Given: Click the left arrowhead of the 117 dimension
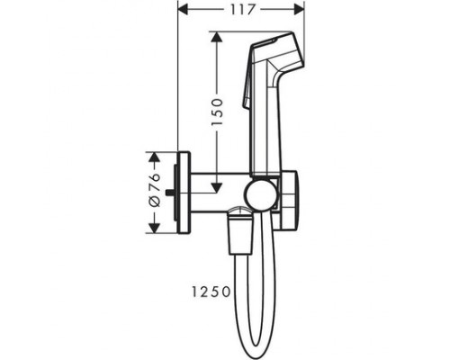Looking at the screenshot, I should click(182, 12).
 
